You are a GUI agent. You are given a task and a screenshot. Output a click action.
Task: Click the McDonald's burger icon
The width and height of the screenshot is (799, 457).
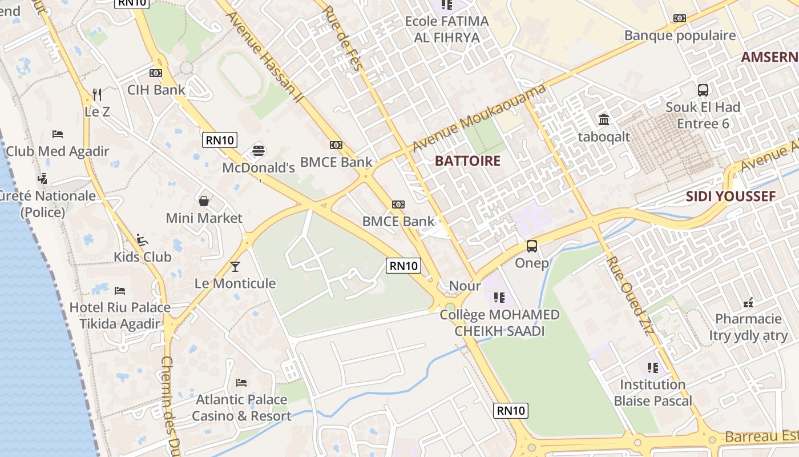click(259, 150)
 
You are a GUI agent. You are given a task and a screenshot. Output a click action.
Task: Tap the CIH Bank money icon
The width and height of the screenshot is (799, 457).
click(156, 73)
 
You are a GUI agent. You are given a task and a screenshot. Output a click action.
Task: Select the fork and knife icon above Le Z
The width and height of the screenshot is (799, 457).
click(97, 94)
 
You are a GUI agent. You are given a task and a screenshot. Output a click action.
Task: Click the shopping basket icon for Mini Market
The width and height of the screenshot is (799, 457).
click(204, 201)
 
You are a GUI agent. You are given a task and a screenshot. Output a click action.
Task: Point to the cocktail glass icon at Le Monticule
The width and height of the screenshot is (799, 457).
click(235, 266)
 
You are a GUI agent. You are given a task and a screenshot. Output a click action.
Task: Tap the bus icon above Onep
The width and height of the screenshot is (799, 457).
click(532, 246)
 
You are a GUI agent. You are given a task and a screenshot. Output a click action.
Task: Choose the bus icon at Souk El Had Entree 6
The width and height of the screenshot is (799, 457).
click(703, 90)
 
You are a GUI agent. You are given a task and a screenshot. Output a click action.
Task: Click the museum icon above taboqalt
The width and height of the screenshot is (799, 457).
click(604, 119)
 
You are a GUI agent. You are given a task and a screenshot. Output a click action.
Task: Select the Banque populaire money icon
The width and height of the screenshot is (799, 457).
click(679, 18)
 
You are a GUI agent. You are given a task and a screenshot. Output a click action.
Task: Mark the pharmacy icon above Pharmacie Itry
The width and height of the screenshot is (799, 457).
click(748, 302)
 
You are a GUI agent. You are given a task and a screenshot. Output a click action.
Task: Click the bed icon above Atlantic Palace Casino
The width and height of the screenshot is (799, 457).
click(241, 382)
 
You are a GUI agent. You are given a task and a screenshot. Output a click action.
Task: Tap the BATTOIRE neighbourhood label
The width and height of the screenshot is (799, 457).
click(467, 161)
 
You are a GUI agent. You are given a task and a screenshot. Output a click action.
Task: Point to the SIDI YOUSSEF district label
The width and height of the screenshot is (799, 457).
click(731, 197)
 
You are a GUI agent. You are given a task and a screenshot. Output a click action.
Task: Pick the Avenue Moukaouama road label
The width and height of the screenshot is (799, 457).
click(479, 118)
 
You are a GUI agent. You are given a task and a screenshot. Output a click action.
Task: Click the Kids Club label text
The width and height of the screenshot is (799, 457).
click(143, 257)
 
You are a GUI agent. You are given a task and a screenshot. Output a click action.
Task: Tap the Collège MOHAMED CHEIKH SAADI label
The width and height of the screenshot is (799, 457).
click(499, 323)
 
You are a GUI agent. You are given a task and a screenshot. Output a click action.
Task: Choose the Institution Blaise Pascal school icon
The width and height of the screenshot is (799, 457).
click(652, 367)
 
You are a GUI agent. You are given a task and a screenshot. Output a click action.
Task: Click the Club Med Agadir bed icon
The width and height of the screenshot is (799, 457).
click(58, 134)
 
